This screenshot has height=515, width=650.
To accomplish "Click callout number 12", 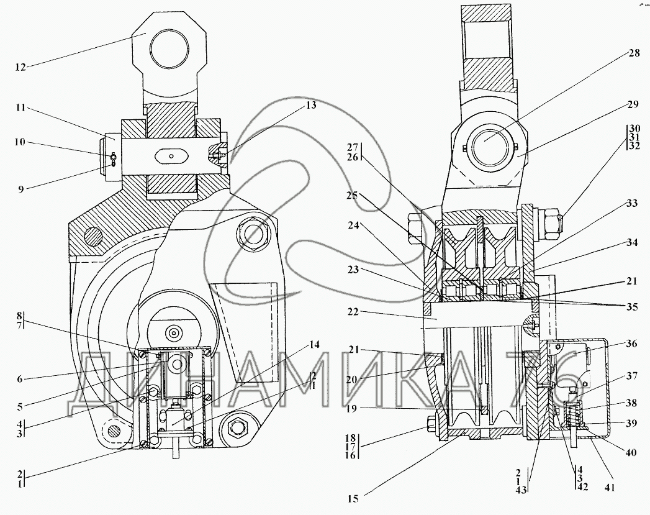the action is coord(20,68).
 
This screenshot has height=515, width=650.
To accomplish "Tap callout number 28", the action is coord(634,53).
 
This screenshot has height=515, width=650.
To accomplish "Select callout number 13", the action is coord(310,105).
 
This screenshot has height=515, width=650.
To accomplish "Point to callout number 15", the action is coord(353,499).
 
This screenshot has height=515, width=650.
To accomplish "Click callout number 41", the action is coord(609,488).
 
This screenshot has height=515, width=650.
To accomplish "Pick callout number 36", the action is coord(632,344).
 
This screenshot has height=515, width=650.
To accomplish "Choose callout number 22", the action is coord(353,312).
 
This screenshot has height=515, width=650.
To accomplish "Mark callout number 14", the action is coord(315,345).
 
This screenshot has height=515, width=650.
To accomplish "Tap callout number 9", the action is coord(20,189).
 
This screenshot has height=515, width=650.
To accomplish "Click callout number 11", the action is coord(20,108).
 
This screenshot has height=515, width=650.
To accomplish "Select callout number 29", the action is coord(633,104).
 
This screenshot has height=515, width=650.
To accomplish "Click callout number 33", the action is coord(632,204).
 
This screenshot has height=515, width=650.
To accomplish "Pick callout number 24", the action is coord(353,226).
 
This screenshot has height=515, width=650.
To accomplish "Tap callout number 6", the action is coord(20,378).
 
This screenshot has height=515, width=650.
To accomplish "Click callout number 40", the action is coord(630,453).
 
